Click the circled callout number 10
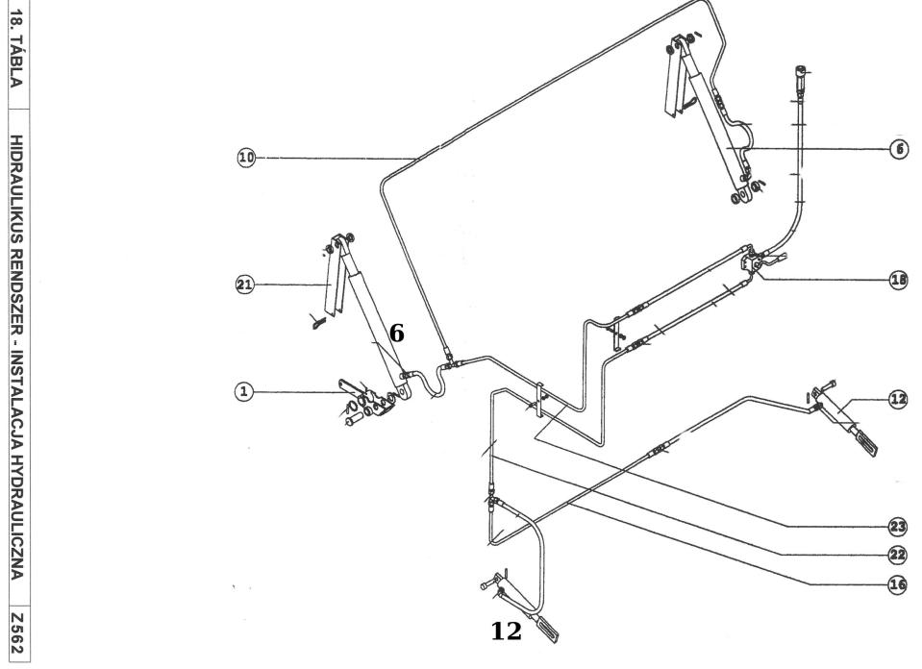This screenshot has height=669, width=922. tap(247, 157)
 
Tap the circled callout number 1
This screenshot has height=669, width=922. tap(245, 391)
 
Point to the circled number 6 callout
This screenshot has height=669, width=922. tap(899, 150)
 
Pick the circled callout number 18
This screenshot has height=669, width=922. tap(899, 280)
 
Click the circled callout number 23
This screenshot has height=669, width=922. tap(898, 527)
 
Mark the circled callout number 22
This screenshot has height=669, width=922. tap(898, 554)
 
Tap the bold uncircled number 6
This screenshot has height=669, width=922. tap(396, 334)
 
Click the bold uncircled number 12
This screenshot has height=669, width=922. tap(506, 631)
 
